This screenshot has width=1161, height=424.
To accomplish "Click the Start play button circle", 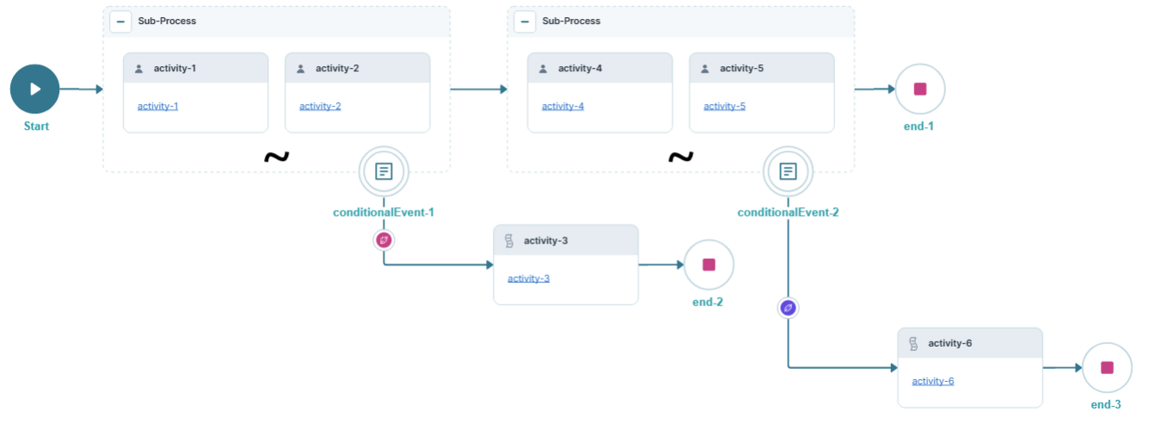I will [x=34, y=89].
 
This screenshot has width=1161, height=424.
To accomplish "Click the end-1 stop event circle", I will [x=919, y=89].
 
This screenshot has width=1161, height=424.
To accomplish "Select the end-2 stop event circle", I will [x=709, y=264].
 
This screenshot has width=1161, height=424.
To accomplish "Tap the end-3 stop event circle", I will [x=1106, y=367].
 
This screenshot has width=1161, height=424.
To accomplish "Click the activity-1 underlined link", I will [x=157, y=107].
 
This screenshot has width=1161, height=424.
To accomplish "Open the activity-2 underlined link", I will [x=320, y=107].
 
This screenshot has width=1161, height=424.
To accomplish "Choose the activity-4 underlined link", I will [x=562, y=107].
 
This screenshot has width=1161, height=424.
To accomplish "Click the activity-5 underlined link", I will [x=724, y=107].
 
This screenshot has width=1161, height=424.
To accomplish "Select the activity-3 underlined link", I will [x=528, y=279].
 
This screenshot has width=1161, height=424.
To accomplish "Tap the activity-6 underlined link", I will [x=932, y=381].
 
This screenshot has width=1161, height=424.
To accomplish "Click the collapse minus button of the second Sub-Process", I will [x=525, y=22].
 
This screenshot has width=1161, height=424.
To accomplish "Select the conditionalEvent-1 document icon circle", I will [x=384, y=171].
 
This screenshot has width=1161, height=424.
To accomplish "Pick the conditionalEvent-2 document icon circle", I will [x=788, y=171].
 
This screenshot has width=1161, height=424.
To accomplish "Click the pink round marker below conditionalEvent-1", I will [x=384, y=239].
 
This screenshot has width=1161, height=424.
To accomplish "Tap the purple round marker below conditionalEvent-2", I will [x=788, y=307].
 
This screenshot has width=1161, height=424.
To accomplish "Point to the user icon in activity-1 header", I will [x=139, y=69].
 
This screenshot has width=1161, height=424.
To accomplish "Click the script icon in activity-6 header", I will [x=913, y=344].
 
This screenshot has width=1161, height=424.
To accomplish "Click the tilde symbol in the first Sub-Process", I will [x=276, y=157].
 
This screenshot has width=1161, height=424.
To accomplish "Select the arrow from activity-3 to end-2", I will [x=660, y=265].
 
